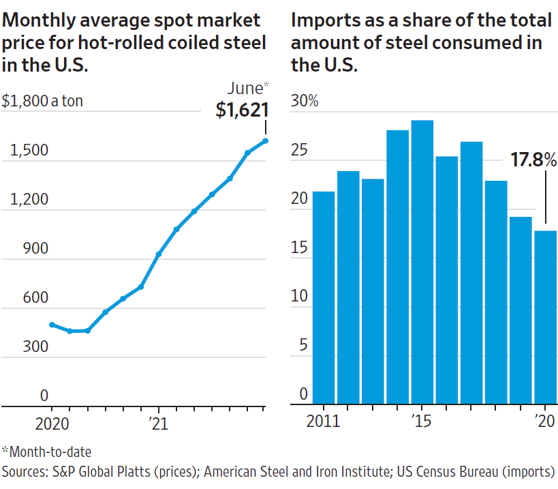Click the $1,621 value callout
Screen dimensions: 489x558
pos(242,110)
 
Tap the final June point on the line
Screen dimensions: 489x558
pos(265,141)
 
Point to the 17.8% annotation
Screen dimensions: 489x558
pos(533,160)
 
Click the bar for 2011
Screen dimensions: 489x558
pos(324,297)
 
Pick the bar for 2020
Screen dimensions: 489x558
pos(545,316)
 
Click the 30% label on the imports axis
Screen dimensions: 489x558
pos(305,102)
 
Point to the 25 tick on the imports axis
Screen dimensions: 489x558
pos(300,150)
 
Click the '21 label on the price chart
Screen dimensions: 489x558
pos(158,422)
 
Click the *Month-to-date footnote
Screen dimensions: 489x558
pos(46,451)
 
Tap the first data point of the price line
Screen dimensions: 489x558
pos(52,325)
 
